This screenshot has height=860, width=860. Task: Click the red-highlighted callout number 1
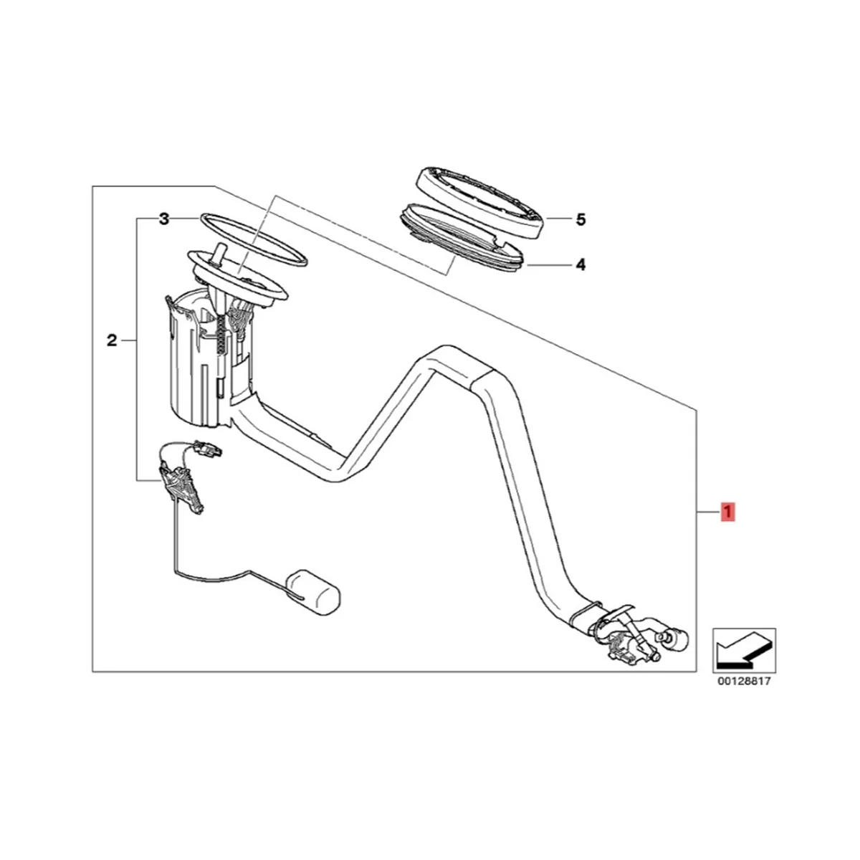(727, 512)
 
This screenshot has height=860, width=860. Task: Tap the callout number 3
(164, 219)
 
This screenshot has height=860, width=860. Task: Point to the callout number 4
(580, 265)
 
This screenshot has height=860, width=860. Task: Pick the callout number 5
(580, 219)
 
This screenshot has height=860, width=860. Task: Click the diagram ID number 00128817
(744, 682)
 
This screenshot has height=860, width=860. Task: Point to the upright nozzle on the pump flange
(219, 254)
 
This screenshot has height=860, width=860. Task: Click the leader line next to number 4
(548, 265)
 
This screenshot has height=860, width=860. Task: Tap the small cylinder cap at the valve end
(677, 636)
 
